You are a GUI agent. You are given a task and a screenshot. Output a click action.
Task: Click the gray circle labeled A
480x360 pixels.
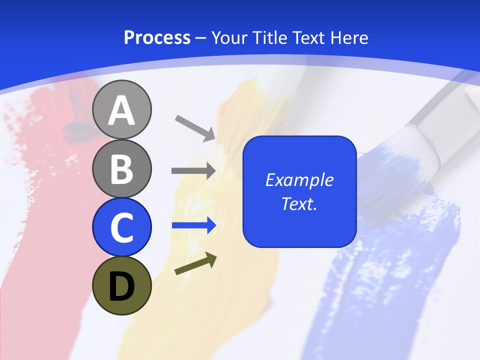click(x=121, y=109)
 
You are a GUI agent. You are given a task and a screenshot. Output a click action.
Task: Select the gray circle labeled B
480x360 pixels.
click(x=121, y=168)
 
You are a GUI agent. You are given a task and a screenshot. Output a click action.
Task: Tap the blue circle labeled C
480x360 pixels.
click(x=121, y=227)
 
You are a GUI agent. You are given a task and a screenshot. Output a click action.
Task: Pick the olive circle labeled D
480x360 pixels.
click(x=121, y=285)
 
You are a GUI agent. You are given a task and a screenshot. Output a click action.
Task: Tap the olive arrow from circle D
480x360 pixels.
click(x=195, y=264)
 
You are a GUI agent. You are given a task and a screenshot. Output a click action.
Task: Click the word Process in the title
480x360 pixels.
click(x=157, y=38)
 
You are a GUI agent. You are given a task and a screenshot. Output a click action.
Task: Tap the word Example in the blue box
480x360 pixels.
click(x=299, y=180)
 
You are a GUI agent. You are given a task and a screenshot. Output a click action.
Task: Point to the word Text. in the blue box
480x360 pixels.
click(x=299, y=203)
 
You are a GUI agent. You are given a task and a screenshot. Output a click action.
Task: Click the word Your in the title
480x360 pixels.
click(x=229, y=38)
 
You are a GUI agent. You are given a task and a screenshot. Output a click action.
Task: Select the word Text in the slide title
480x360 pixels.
click(x=309, y=38)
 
